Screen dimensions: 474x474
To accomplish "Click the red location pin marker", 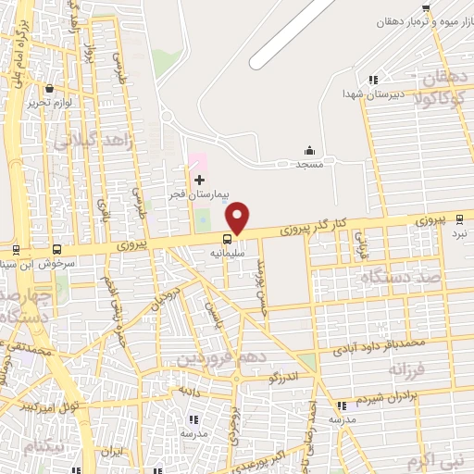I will pyautogui.click(x=239, y=217).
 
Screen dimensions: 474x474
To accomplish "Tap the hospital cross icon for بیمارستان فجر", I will pyautogui.click(x=198, y=179).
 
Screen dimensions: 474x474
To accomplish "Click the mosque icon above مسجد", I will pyautogui.click(x=309, y=151).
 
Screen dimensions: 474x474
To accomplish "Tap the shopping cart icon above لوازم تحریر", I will pyautogui.click(x=48, y=90).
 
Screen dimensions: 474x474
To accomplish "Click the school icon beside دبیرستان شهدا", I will pyautogui.click(x=373, y=81).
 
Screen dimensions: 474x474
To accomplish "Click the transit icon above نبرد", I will pyautogui.click(x=460, y=218).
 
